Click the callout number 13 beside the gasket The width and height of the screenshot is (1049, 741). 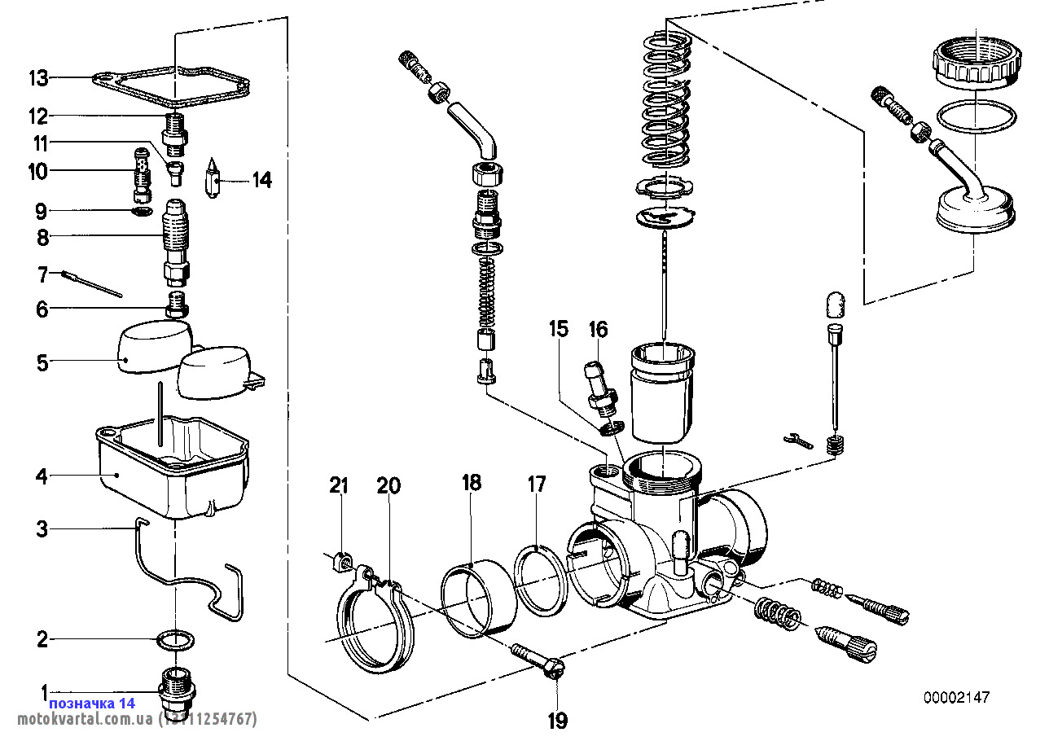38,78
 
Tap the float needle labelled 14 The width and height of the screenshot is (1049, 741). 213,178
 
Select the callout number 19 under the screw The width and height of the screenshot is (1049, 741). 558,721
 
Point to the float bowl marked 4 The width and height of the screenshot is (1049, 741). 173,468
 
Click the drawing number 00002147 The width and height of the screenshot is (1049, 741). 957,698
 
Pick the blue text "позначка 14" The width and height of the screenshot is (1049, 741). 92,703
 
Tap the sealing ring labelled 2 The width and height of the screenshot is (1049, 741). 175,640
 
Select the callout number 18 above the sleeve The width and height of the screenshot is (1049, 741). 472,483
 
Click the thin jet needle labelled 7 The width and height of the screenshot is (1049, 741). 91,283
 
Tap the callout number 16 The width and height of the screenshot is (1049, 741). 598,330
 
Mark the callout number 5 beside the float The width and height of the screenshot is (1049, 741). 42,363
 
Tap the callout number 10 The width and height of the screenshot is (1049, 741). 38,171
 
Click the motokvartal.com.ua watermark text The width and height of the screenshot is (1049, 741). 85,719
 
